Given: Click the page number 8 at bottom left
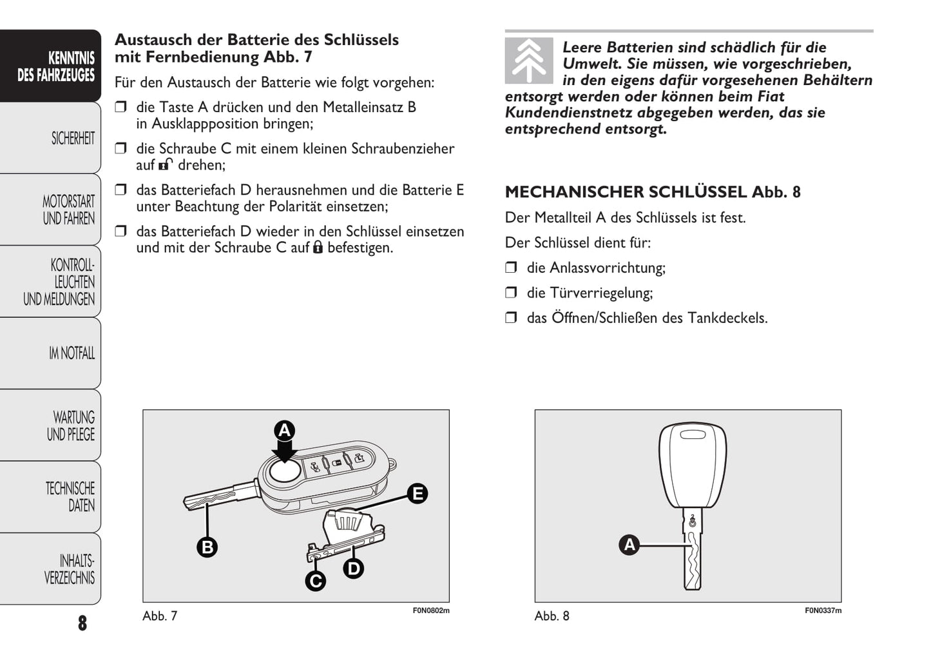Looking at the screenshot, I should [82, 623].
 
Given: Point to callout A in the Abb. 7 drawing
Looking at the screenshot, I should [284, 431].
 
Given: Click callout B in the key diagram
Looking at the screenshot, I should [207, 547].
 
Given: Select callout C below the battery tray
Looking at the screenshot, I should [315, 581].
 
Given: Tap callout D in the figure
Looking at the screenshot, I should [354, 568].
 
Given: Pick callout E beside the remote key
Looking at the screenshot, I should [418, 494].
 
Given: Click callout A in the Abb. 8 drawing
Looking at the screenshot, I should [629, 545].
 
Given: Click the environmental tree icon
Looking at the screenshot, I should [529, 61].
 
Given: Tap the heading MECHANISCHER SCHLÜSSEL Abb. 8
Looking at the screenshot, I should [652, 191].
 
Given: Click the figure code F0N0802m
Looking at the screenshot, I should [431, 610].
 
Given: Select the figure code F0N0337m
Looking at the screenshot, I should [823, 610].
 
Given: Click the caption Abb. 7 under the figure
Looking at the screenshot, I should [160, 616].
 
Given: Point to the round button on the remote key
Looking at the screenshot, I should [285, 471].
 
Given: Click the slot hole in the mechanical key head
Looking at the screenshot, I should [693, 434].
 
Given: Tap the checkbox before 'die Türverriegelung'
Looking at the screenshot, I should [512, 293].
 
